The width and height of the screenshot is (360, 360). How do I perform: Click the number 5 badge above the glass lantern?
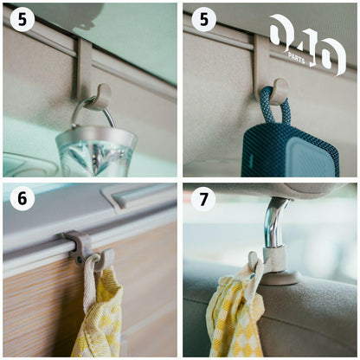pyautogui.click(x=22, y=20)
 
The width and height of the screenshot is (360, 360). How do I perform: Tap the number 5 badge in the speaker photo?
pyautogui.click(x=204, y=20)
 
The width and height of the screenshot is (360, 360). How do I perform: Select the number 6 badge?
pyautogui.click(x=22, y=199)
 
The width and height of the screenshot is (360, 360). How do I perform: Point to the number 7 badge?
pyautogui.click(x=203, y=199)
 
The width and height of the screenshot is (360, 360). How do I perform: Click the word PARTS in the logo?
pyautogui.click(x=296, y=58)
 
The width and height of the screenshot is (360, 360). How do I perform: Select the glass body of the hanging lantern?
pyautogui.click(x=96, y=153)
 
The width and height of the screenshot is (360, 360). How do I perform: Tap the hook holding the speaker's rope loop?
pyautogui.click(x=280, y=90)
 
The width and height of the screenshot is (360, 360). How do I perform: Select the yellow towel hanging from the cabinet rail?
pyautogui.click(x=100, y=312)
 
